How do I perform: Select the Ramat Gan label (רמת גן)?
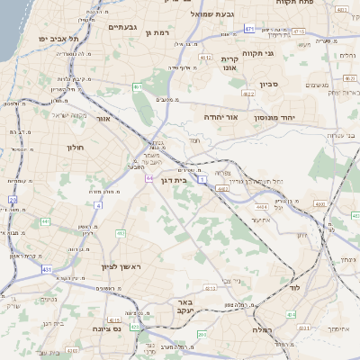coord(157,32)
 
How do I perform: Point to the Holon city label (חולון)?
coord(74,147)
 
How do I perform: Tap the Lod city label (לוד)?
coord(293,288)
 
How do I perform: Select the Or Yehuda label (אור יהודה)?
coord(220,117)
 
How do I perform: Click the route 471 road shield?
coord(248,29)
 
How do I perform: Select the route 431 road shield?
coord(45,268)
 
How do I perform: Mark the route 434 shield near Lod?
coord(291,314)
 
